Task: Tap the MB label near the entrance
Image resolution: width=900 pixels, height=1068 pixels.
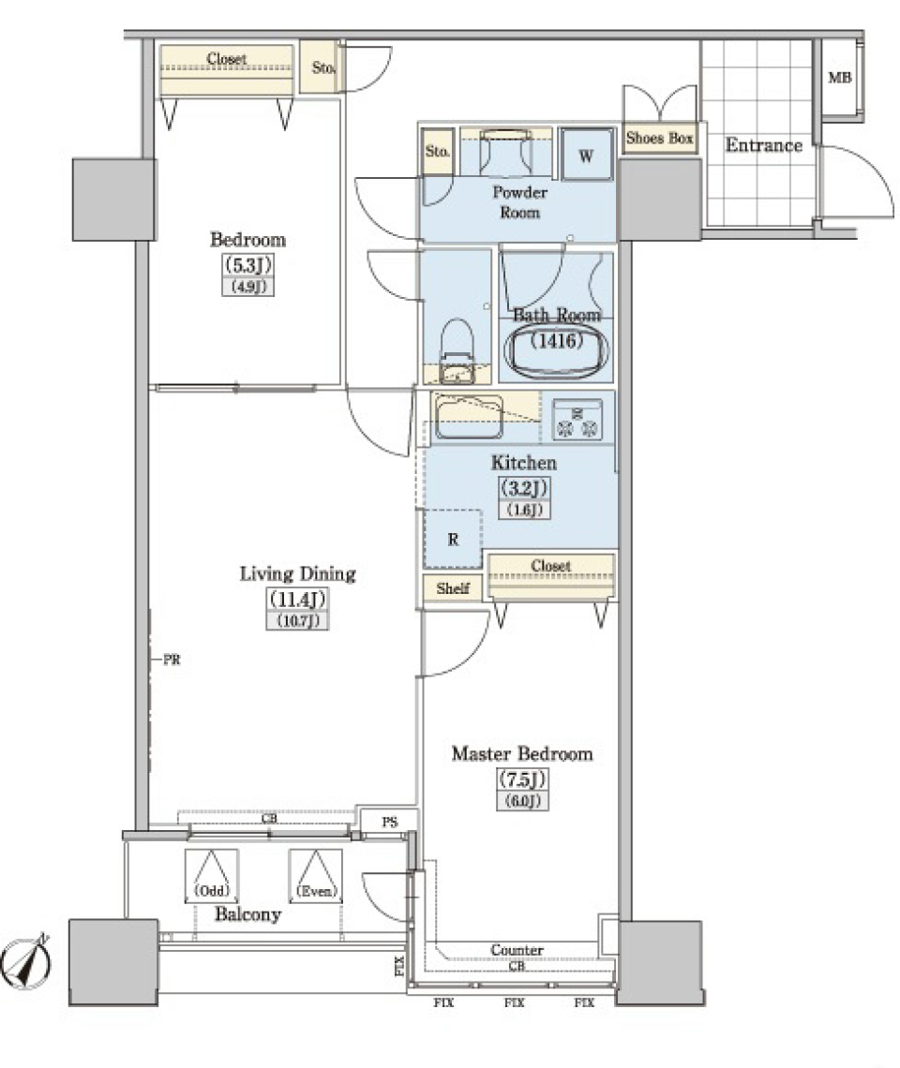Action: [x=839, y=78]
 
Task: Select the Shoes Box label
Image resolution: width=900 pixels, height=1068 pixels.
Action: [x=659, y=139]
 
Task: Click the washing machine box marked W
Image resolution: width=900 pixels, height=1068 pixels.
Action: [x=586, y=156]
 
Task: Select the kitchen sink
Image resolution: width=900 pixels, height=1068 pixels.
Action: [x=468, y=417]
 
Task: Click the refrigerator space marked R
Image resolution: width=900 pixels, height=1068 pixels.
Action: [x=453, y=540]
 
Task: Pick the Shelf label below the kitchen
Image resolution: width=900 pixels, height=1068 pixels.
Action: [x=452, y=589]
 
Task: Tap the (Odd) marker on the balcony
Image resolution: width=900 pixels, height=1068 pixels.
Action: [x=212, y=890]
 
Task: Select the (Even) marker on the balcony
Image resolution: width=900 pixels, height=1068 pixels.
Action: [x=316, y=890]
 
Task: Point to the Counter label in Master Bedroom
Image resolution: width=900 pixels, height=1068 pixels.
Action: [x=517, y=950]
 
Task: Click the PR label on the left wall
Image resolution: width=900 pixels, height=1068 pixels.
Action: [x=172, y=660]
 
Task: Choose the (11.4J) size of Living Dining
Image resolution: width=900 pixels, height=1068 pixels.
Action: [x=297, y=599]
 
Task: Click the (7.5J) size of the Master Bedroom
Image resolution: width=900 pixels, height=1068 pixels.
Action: [x=522, y=779]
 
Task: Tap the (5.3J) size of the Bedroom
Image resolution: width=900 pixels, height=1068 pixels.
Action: [x=247, y=265]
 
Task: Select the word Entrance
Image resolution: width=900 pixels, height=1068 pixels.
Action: [x=764, y=145]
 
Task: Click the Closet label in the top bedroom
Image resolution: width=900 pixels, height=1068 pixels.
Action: [x=227, y=59]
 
